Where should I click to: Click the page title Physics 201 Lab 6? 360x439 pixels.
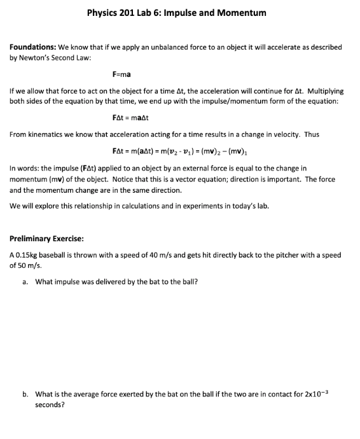pos(176,13)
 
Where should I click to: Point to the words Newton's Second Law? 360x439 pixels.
pos(64,57)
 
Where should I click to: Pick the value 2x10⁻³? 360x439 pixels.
pos(314,394)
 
